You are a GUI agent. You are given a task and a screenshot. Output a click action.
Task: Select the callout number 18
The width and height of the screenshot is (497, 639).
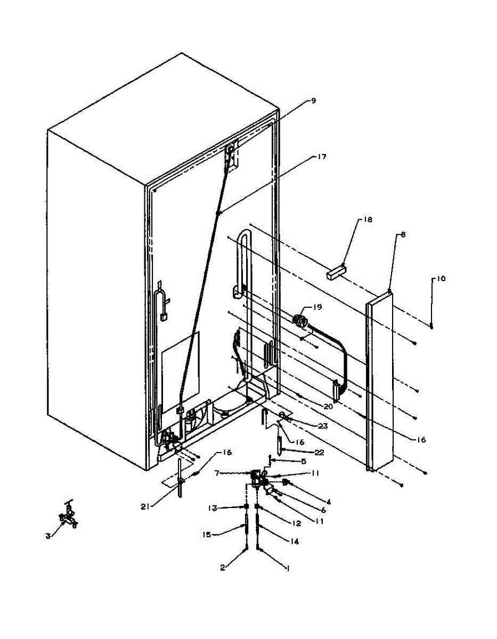tap(353, 219)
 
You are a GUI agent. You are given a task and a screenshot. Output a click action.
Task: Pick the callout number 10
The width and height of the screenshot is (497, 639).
tap(441, 278)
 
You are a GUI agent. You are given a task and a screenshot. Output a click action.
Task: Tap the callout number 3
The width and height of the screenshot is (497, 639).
tap(48, 536)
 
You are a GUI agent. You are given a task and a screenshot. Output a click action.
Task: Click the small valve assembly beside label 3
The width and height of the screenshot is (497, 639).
tap(68, 518)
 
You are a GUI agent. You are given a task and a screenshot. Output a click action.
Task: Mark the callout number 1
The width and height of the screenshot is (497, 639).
tap(288, 569)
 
